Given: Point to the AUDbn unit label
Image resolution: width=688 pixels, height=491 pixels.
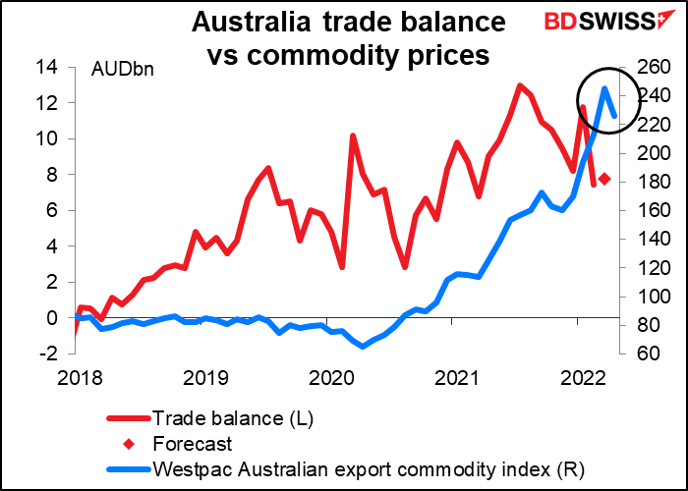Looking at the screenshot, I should tap(122, 70).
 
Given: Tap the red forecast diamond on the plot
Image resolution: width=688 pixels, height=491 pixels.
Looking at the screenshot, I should tap(605, 179).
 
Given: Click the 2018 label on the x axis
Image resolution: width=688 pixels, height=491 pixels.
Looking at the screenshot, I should tap(76, 377).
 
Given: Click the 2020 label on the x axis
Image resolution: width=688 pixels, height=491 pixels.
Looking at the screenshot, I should tap(330, 377).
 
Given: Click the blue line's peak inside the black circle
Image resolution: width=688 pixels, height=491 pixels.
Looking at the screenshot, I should tap(603, 88).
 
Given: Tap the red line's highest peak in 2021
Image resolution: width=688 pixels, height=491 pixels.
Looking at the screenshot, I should tap(520, 85).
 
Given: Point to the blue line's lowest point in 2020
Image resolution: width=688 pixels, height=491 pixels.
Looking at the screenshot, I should tap(362, 346).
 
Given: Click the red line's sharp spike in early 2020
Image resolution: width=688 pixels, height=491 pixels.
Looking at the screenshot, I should tap(352, 136).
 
